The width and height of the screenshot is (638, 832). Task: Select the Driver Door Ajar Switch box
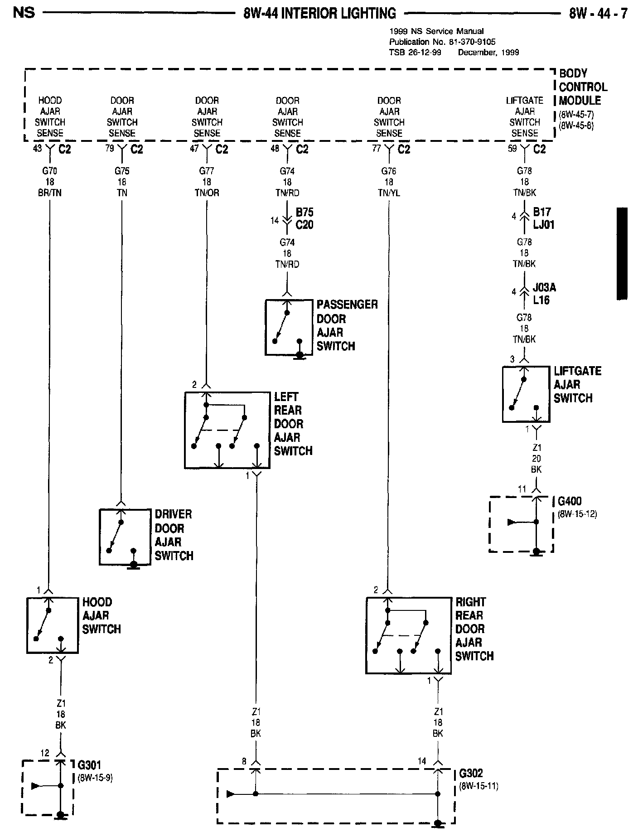(x=125, y=537)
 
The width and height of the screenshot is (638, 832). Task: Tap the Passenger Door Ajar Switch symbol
(x=289, y=327)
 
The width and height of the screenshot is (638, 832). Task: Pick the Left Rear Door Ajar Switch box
(x=227, y=430)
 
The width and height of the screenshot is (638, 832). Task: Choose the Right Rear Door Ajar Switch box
(x=408, y=635)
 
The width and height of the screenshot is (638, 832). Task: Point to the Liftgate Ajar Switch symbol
(x=526, y=394)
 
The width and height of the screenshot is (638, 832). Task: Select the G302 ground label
(x=471, y=773)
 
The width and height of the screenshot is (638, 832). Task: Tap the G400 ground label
(x=570, y=501)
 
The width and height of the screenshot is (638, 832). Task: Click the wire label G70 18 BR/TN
(x=50, y=182)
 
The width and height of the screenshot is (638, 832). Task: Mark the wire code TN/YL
(x=389, y=193)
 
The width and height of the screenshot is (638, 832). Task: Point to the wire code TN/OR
(x=207, y=193)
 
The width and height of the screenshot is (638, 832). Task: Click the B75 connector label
(x=304, y=213)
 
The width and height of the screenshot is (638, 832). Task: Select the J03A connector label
(x=544, y=288)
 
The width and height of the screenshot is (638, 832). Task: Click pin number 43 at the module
(x=37, y=148)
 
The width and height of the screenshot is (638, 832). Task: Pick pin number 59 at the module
(x=512, y=148)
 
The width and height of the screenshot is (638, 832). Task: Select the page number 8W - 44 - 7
(x=598, y=14)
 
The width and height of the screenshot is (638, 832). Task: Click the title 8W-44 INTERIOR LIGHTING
(x=319, y=14)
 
